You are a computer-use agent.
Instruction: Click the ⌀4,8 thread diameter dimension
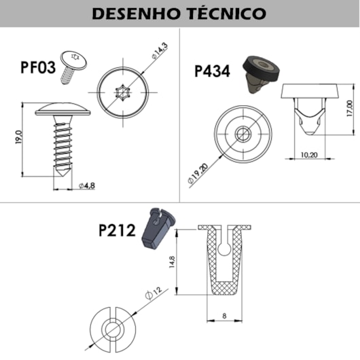tap(86, 185)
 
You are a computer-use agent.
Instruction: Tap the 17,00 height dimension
tap(350, 107)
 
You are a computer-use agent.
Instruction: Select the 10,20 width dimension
tap(309, 154)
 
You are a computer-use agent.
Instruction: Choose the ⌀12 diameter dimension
tap(153, 294)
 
